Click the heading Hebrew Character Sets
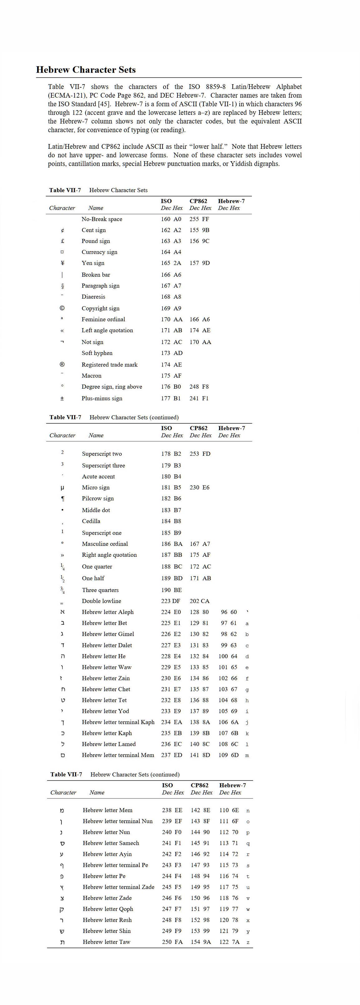click(86, 70)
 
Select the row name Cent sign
click(94, 230)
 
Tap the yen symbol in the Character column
click(62, 263)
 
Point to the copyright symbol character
click(62, 308)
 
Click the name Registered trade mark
click(109, 365)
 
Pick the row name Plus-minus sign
click(102, 398)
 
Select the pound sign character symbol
click(62, 241)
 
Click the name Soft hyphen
click(97, 353)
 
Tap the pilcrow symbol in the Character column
click(63, 498)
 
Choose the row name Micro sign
click(95, 488)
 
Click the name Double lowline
click(101, 601)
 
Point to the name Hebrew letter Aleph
click(108, 612)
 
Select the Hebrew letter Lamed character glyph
click(62, 744)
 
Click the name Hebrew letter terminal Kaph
click(118, 722)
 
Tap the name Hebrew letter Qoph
click(108, 909)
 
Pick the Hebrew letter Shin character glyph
click(62, 931)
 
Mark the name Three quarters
click(100, 590)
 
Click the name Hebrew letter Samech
click(111, 843)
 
